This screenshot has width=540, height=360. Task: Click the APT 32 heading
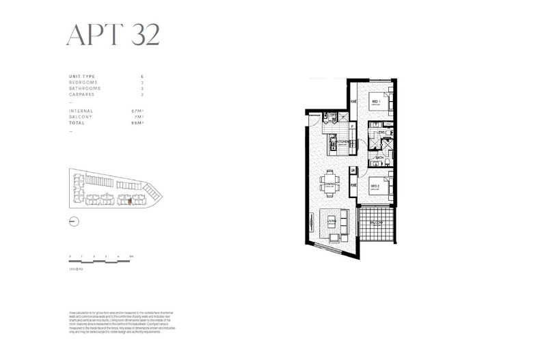coord(113,34)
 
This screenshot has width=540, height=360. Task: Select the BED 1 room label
coord(375,102)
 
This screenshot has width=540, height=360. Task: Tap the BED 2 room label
coord(375,186)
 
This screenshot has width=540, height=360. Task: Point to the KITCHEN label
coord(342,143)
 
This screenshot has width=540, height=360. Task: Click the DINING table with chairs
coord(331,163)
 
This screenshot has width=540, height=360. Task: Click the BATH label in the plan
coord(378,157)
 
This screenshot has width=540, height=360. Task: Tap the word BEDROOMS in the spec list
coord(84,82)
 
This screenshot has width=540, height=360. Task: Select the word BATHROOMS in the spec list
coord(85,88)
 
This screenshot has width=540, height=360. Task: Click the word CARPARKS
coord(83,94)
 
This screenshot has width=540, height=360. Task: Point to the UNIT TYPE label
coord(83,76)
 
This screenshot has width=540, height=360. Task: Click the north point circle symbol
coord(75,221)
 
